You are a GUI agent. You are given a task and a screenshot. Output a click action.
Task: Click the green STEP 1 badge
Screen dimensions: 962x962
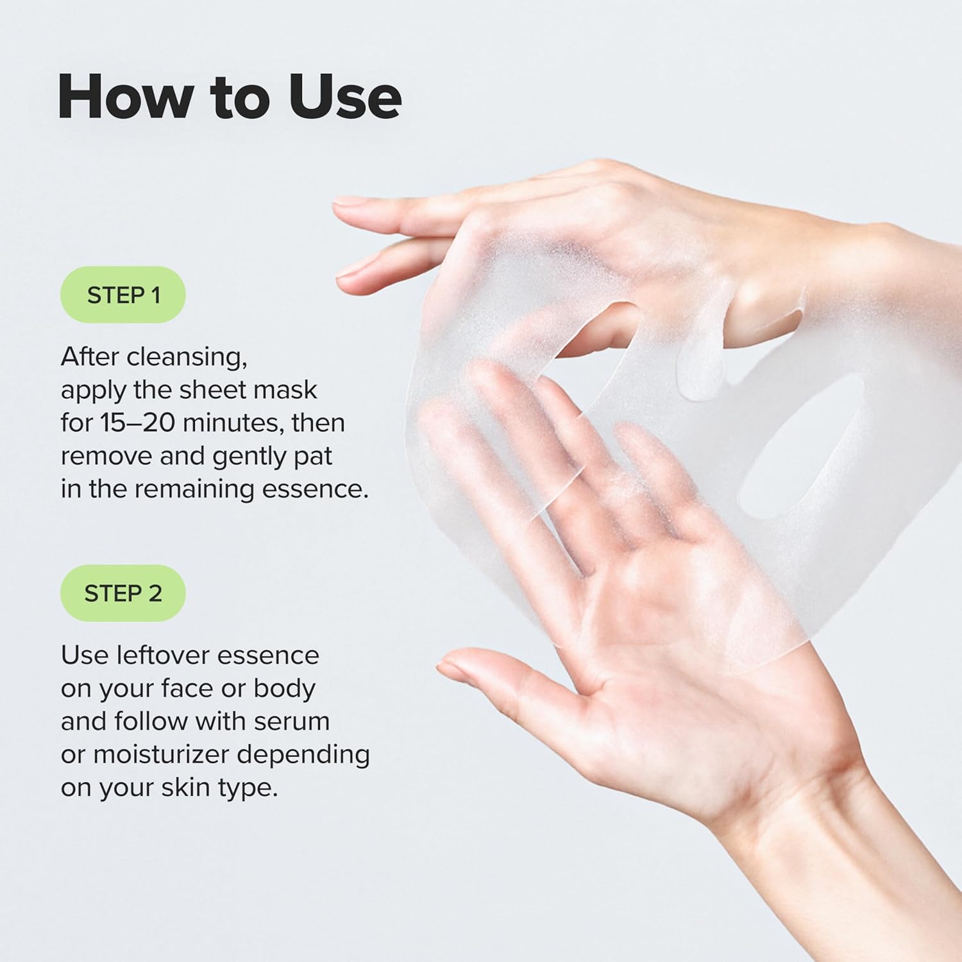[122, 295]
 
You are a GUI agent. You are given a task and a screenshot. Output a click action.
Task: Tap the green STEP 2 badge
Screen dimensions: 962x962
[122, 593]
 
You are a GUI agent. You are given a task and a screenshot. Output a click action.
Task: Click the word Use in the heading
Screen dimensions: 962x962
[344, 97]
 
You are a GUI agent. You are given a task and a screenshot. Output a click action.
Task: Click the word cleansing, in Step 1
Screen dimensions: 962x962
[187, 357]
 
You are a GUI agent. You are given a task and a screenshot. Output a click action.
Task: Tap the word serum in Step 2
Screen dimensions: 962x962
[292, 721]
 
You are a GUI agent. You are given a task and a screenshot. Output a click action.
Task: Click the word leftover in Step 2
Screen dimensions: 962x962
[154, 655]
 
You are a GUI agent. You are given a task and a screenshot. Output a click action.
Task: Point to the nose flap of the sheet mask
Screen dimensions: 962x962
[702, 359]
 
